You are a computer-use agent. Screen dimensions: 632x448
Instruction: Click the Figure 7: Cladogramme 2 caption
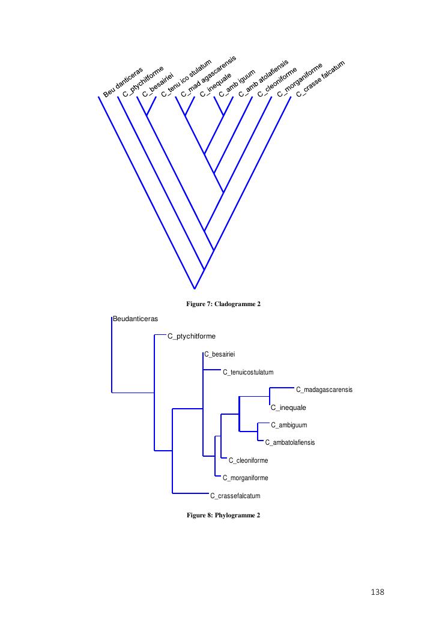[223, 304]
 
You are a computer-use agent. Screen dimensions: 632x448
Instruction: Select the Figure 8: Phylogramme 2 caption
[223, 515]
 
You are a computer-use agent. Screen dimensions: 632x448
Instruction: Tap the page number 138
[377, 592]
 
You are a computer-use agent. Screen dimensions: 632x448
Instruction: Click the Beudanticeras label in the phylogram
[136, 319]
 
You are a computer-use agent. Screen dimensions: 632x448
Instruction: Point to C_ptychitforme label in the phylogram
[191, 336]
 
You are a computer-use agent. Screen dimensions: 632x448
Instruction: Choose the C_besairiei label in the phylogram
[220, 354]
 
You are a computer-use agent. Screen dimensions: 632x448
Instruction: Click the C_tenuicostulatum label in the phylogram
[248, 372]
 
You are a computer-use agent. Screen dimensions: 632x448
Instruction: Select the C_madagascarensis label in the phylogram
[324, 390]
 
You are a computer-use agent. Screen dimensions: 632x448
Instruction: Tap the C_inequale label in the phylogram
[289, 408]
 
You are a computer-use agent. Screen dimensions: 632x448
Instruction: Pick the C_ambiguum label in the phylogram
[289, 425]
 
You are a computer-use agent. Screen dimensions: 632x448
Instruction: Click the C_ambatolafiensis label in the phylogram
[290, 442]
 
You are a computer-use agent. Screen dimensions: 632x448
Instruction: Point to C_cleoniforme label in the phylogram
[248, 460]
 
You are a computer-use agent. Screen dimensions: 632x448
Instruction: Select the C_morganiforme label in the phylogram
[245, 478]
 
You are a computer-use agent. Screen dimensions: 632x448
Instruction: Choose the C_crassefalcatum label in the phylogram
[235, 496]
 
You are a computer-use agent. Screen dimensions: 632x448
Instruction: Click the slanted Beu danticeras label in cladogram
[123, 82]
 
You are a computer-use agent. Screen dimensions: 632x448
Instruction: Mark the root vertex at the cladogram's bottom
[195, 289]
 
